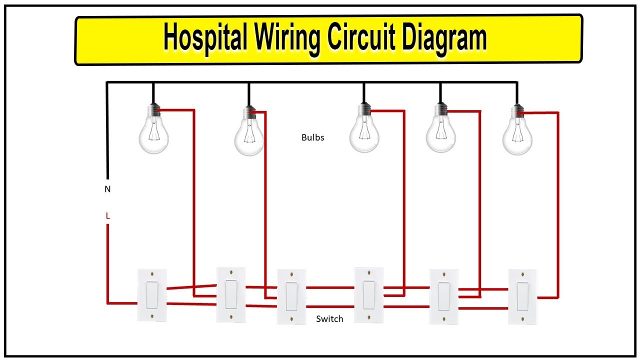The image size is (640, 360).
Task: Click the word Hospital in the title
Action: click(205, 39)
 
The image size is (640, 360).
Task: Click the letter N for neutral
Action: click(107, 189)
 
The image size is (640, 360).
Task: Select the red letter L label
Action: click(107, 216)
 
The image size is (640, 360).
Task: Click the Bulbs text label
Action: click(312, 137)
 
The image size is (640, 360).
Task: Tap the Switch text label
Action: click(329, 318)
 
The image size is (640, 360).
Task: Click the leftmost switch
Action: click(152, 295)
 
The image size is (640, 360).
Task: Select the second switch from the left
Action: click(231, 294)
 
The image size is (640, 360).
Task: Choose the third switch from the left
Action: click(291, 296)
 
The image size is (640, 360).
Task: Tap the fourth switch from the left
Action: click(368, 294)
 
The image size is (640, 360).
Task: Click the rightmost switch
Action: click(523, 296)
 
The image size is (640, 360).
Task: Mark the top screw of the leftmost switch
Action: click(152, 274)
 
